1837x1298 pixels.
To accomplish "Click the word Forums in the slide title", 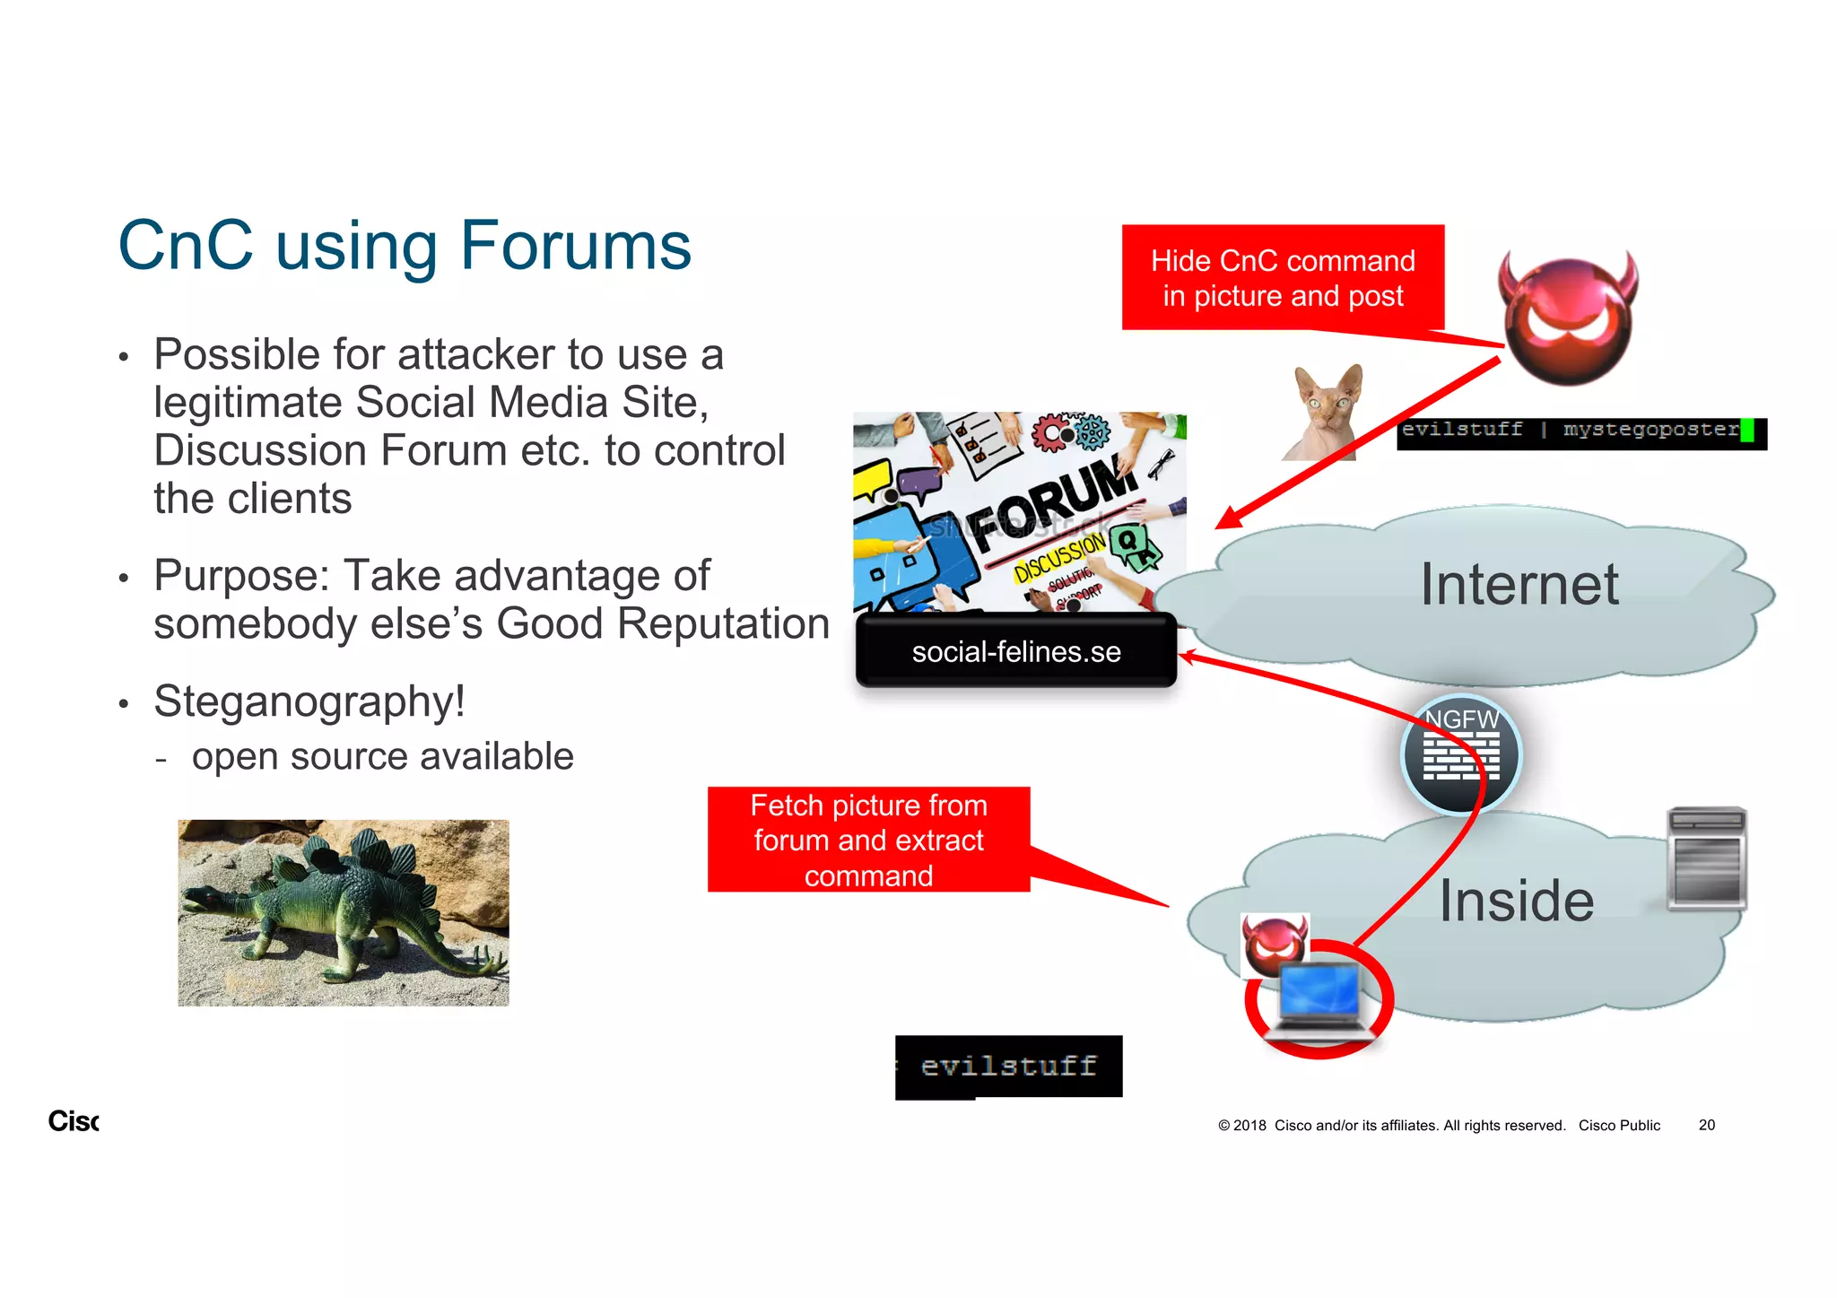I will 574,246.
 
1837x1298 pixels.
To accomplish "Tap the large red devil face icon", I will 1568,319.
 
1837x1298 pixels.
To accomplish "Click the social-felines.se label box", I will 1015,652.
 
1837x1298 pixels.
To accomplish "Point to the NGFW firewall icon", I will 1461,754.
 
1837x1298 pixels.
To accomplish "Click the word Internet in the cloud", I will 1519,585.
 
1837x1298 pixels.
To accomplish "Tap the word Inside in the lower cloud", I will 1517,901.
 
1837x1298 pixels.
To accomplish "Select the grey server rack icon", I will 1706,858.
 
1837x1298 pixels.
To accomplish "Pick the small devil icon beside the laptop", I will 1274,945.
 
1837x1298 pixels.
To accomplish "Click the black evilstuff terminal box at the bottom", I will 1009,1067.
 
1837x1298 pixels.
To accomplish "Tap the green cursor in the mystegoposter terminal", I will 1746,431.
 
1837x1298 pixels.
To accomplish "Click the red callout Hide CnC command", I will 1283,278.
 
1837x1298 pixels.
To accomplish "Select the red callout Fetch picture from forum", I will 868,841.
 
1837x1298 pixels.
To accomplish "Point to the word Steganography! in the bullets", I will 309,701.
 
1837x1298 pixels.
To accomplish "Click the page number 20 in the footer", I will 1706,1125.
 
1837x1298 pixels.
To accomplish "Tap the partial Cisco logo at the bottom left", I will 74,1121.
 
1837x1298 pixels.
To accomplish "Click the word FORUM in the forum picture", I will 1054,502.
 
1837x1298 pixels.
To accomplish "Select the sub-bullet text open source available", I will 382,757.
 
